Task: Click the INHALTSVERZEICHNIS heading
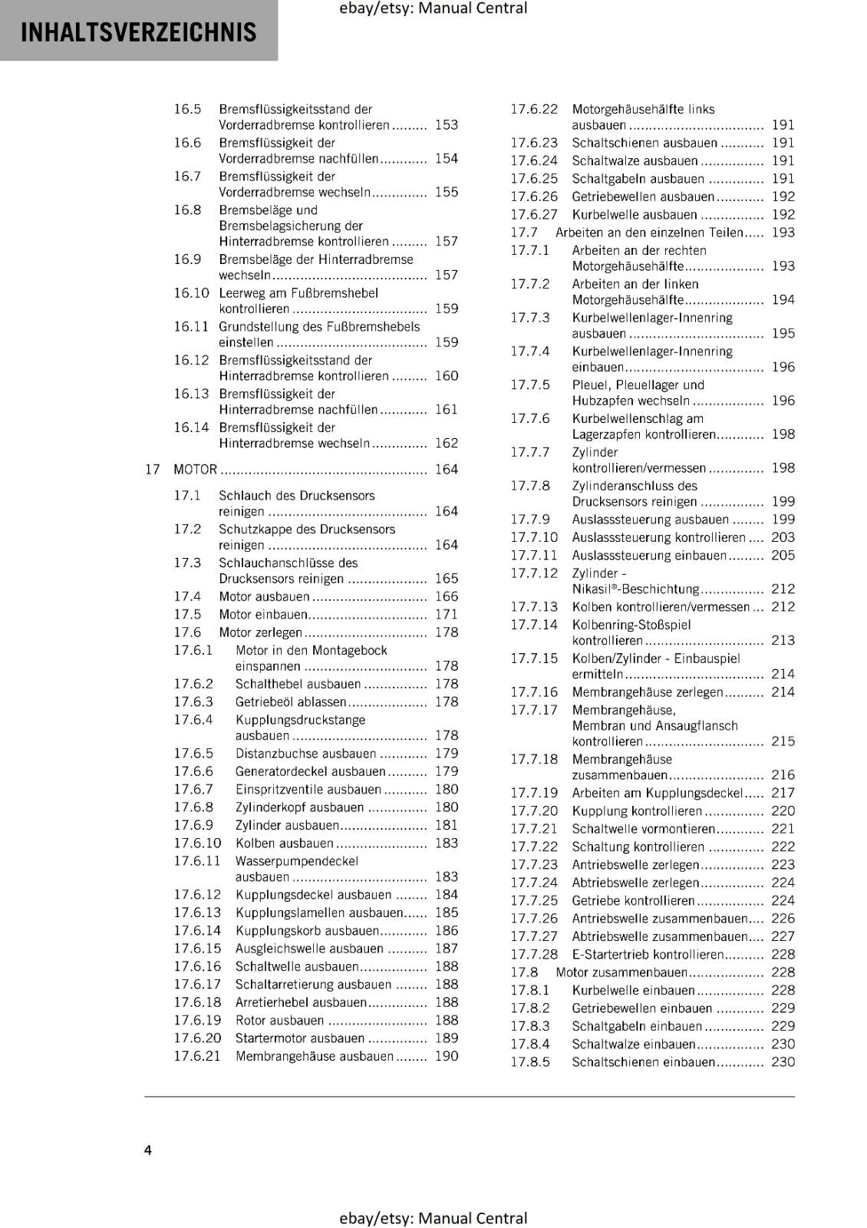coord(138,32)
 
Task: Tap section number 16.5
coord(187,109)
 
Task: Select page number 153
coord(446,124)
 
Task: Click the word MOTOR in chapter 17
coord(195,469)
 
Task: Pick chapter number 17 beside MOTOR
coord(152,469)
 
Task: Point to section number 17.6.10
coord(196,843)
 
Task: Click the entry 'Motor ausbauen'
coord(264,596)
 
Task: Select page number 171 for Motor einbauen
coord(446,614)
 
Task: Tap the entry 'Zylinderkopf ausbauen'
coord(299,807)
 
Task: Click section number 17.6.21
coord(196,1056)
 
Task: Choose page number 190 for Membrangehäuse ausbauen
coord(446,1056)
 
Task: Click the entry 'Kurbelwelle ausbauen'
coord(634,215)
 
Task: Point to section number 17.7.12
coord(534,573)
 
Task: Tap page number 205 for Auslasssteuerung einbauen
coord(783,556)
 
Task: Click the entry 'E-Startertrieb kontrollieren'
coord(648,955)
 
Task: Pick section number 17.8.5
coord(530,1062)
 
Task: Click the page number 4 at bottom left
coord(148,1150)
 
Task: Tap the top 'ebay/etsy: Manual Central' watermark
coord(433,8)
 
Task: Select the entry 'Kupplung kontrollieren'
coord(636,811)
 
